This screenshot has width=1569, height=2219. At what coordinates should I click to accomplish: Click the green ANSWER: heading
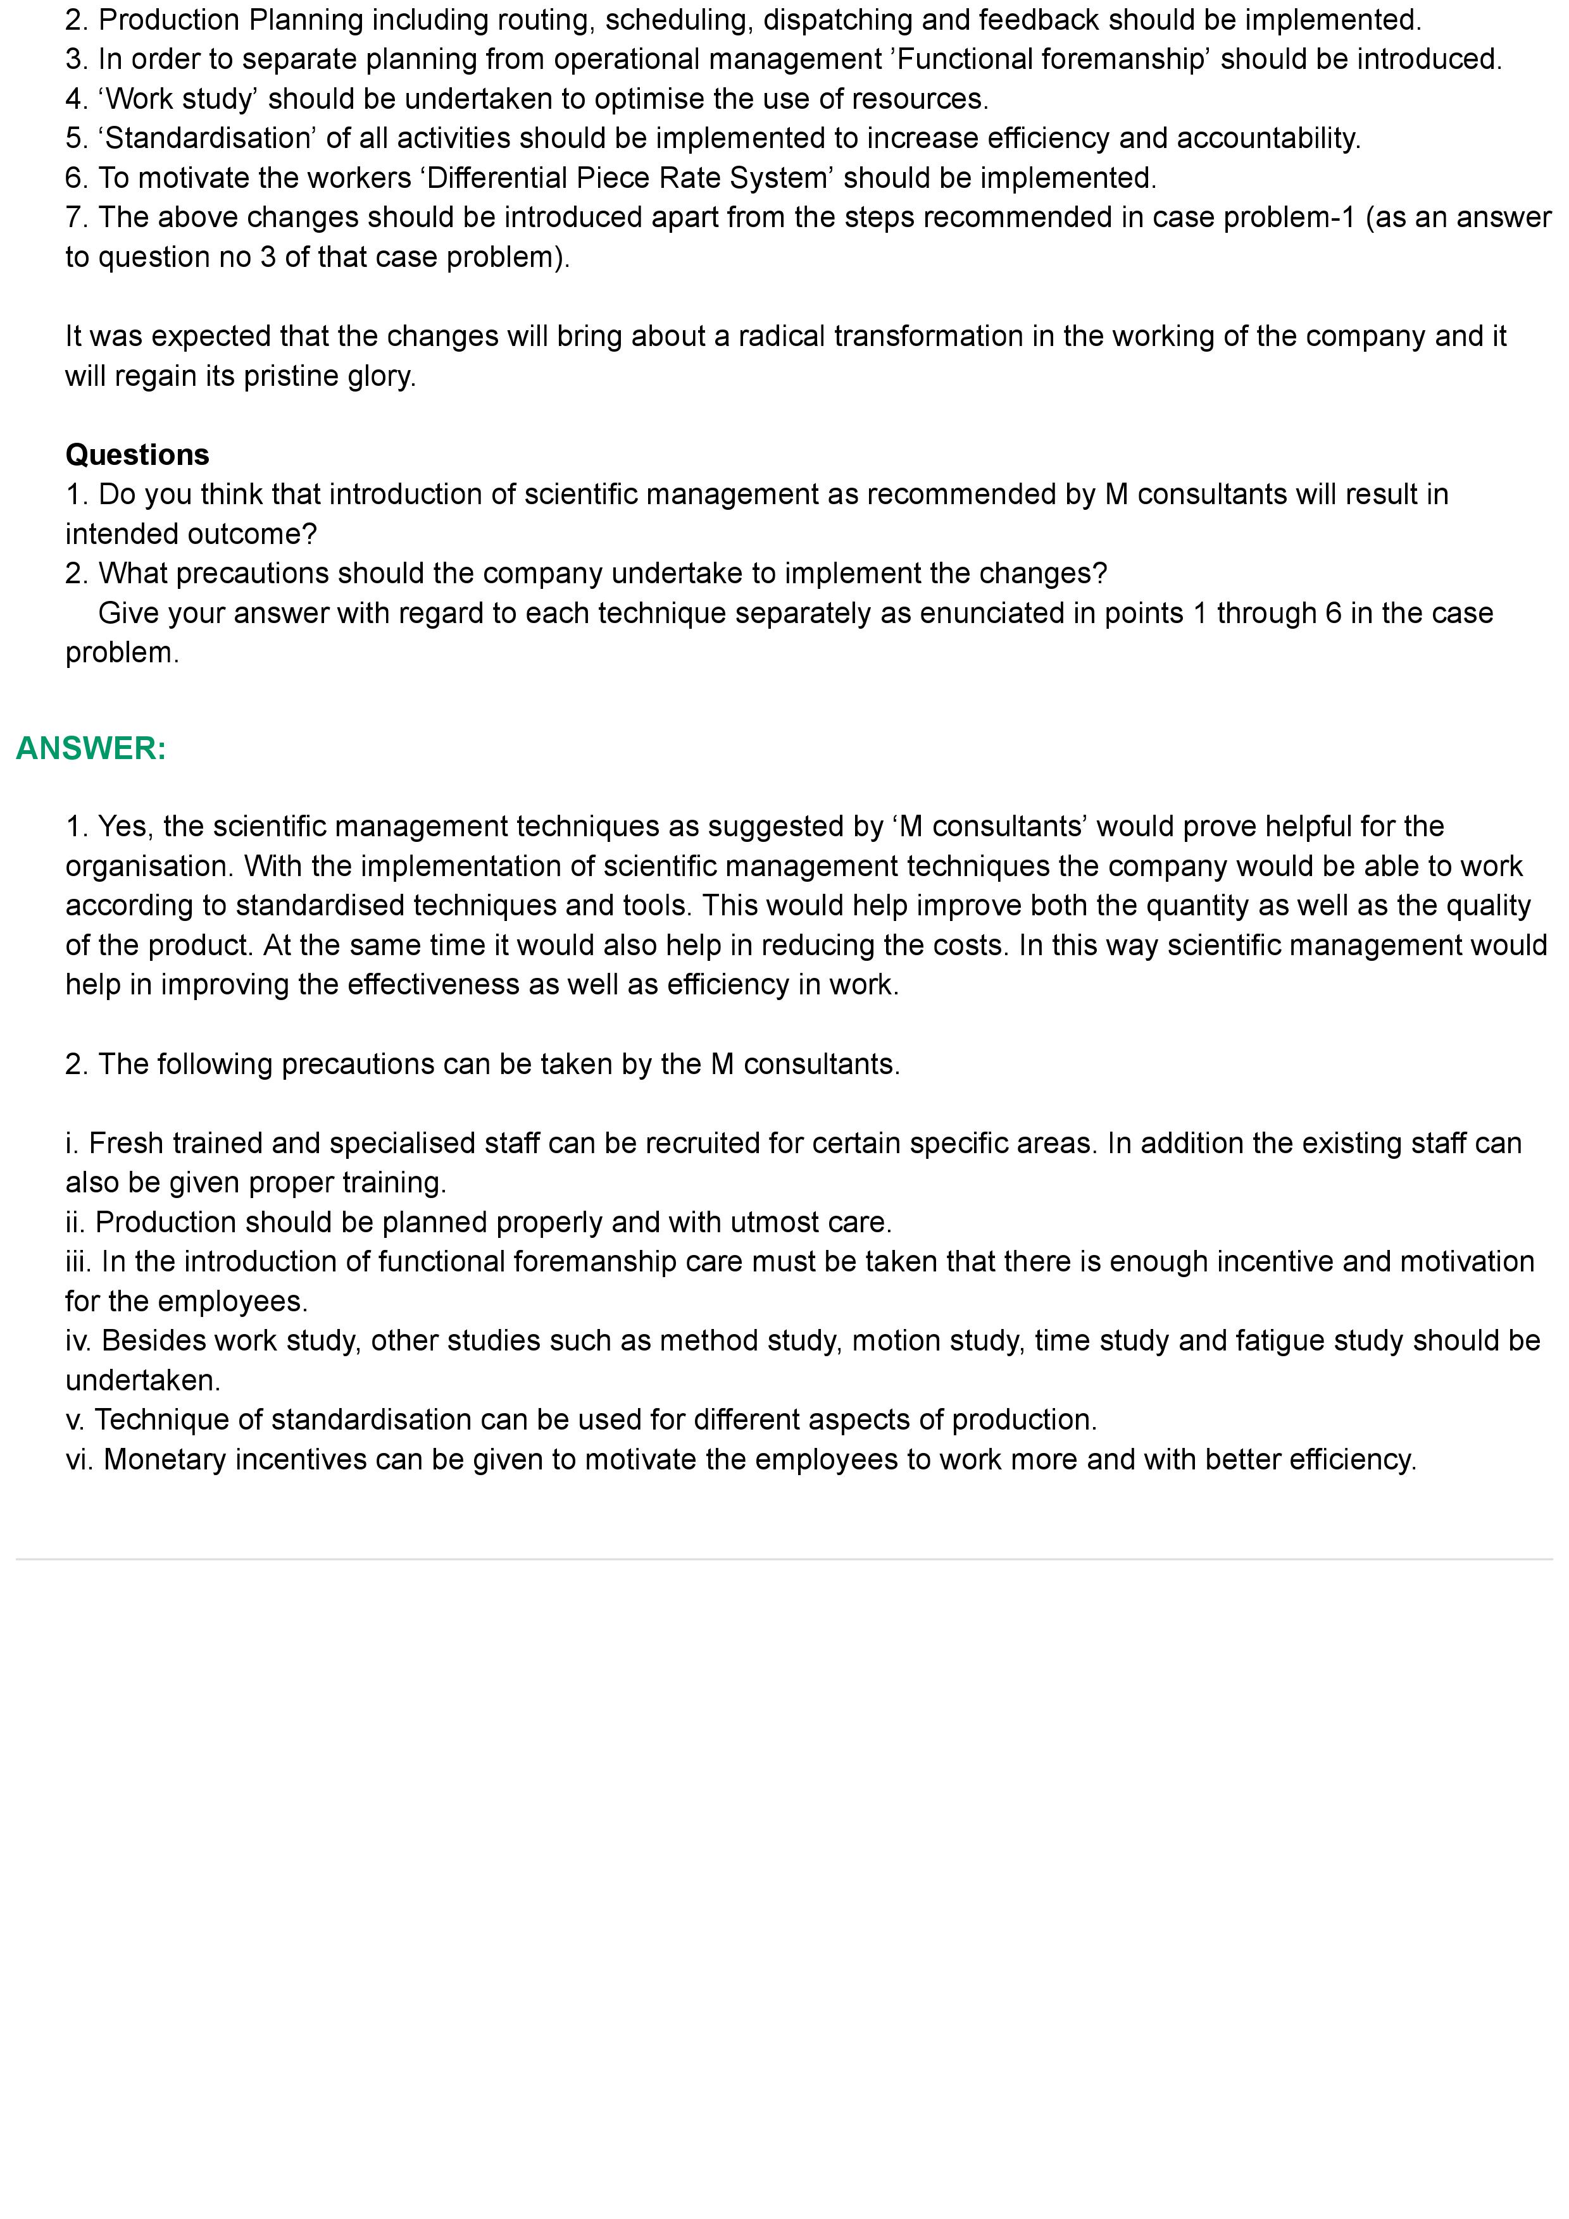(91, 748)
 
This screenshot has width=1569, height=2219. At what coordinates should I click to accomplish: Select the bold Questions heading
(137, 454)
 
